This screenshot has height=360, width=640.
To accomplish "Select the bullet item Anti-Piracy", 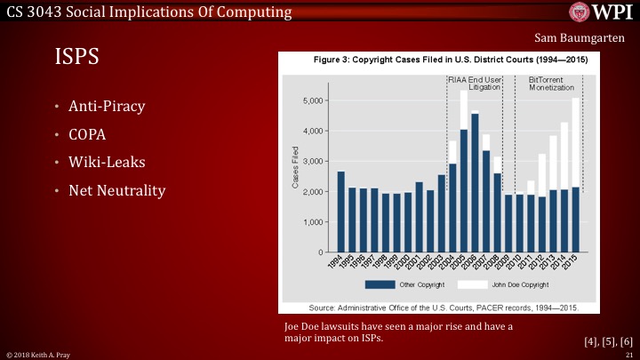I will tap(107, 107).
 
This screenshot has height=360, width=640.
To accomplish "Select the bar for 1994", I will tap(341, 212).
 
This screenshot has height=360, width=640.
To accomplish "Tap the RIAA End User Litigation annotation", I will tap(474, 84).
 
